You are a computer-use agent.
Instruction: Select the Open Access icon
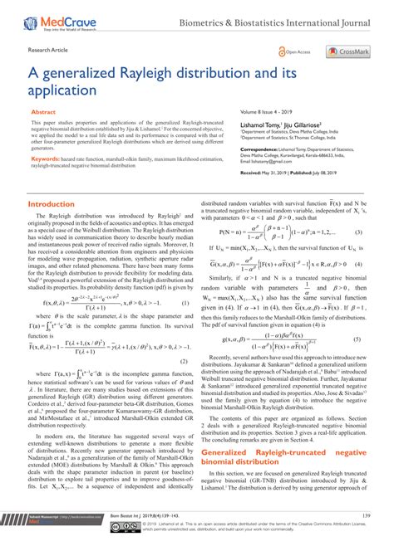click(x=294, y=51)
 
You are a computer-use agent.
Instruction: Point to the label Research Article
click(x=48, y=50)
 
